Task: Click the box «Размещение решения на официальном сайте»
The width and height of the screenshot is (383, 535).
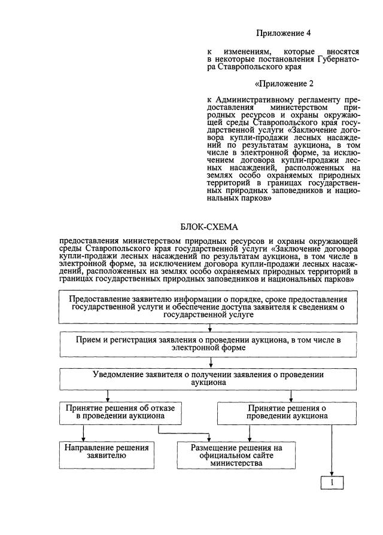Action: point(236,455)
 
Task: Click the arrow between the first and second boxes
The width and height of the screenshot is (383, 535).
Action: point(210,328)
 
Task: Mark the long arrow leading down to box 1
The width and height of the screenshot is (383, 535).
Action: point(332,448)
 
